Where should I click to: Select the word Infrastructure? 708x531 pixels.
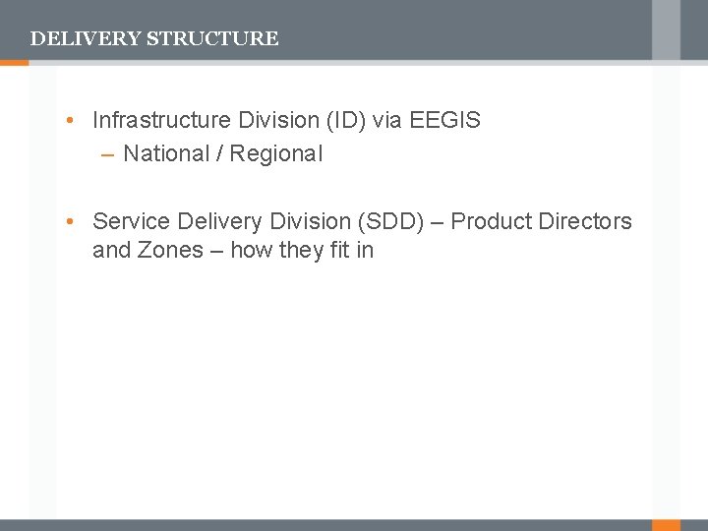click(161, 121)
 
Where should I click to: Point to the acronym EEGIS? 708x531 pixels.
click(444, 121)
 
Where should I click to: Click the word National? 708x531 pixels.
click(166, 153)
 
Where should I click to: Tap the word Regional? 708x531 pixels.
click(276, 153)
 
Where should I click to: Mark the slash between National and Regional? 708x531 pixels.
click(220, 153)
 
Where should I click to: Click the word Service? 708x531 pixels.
click(132, 221)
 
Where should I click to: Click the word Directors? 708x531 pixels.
click(586, 221)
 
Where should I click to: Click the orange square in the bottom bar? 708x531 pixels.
click(667, 525)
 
